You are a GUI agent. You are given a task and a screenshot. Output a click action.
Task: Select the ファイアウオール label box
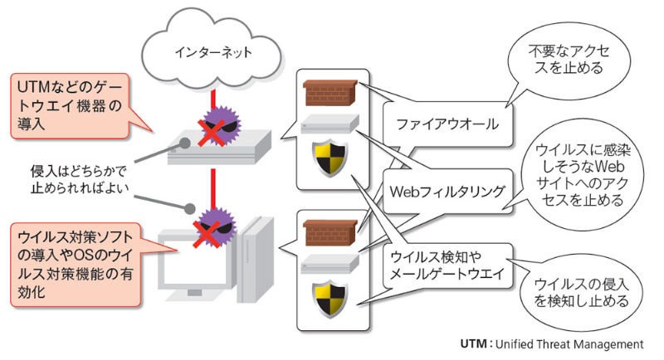coord(447,125)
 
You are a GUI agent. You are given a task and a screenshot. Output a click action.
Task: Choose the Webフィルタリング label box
coord(447,191)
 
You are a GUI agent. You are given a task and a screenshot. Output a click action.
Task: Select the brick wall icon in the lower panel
coord(330,230)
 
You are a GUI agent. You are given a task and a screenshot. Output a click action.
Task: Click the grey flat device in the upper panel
coord(330,124)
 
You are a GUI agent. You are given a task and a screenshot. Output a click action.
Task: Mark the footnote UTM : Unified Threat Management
coord(552,343)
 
